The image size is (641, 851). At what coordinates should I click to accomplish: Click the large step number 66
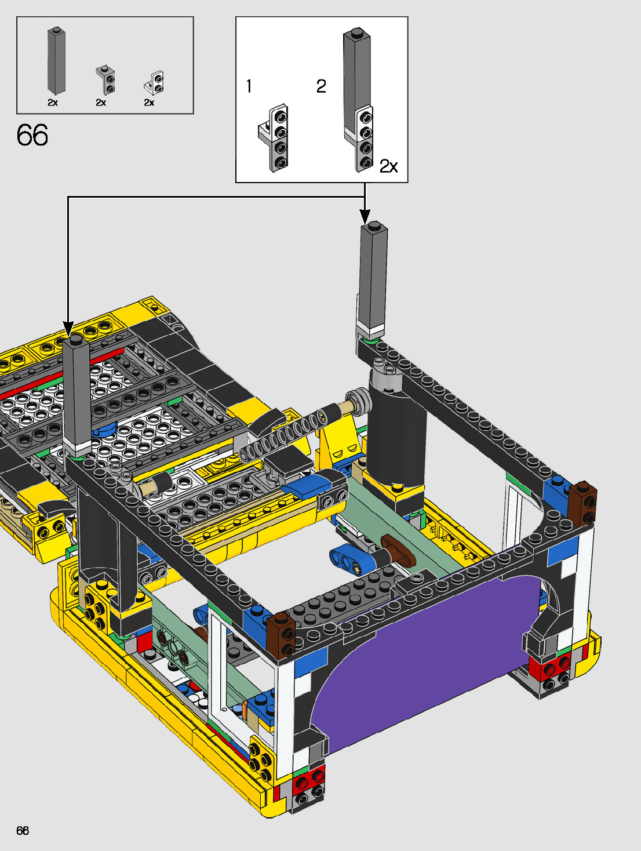pyautogui.click(x=32, y=135)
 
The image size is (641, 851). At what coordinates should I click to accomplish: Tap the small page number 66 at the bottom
pyautogui.click(x=23, y=830)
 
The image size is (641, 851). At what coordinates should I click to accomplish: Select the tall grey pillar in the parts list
pyautogui.click(x=56, y=61)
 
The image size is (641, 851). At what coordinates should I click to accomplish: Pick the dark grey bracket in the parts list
pyautogui.click(x=105, y=80)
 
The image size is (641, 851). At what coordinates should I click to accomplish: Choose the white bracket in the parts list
pyautogui.click(x=154, y=82)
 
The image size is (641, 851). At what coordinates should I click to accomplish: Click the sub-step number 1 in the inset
pyautogui.click(x=249, y=86)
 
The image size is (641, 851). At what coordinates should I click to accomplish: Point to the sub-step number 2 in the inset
pyautogui.click(x=321, y=86)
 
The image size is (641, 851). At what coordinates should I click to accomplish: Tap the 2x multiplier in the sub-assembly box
pyautogui.click(x=388, y=166)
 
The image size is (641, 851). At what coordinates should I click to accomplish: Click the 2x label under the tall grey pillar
pyautogui.click(x=53, y=103)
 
